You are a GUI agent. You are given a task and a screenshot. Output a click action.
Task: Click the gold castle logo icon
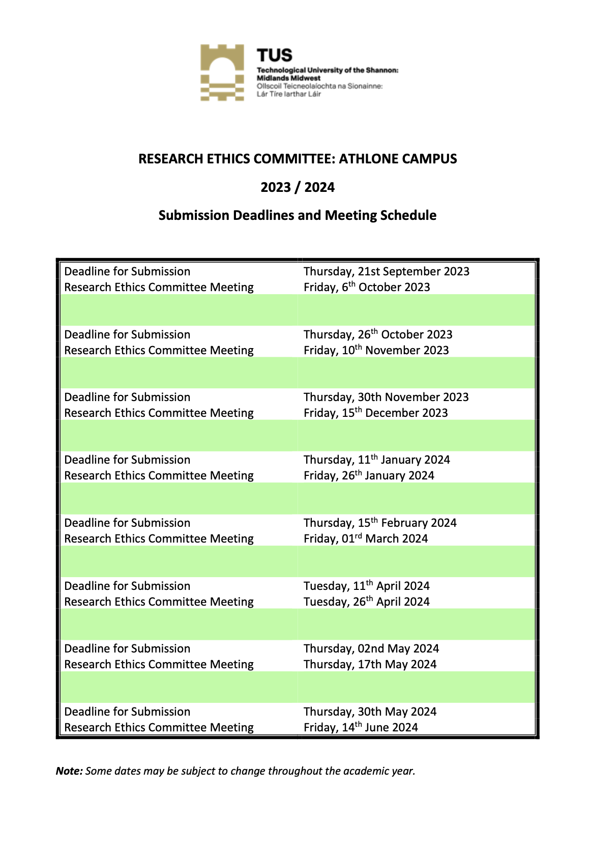pyautogui.click(x=222, y=72)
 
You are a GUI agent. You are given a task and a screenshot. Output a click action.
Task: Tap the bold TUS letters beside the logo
pyautogui.click(x=275, y=55)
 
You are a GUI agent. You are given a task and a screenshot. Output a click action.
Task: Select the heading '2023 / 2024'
pyautogui.click(x=298, y=187)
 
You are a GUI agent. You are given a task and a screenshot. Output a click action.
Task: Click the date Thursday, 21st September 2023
pyautogui.click(x=387, y=271)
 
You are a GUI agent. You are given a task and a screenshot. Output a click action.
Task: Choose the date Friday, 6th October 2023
pyautogui.click(x=367, y=287)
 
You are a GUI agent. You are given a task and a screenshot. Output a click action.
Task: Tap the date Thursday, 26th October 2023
pyautogui.click(x=378, y=334)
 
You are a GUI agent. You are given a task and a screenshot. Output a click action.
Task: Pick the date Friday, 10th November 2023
pyautogui.click(x=376, y=350)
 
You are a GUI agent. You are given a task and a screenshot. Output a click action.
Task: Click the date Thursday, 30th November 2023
pyautogui.click(x=386, y=397)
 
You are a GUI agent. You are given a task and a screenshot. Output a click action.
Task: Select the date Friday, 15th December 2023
pyautogui.click(x=376, y=413)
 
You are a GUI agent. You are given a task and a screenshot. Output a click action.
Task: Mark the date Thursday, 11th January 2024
pyautogui.click(x=377, y=460)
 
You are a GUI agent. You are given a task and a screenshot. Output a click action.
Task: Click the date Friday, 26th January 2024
pyautogui.click(x=369, y=475)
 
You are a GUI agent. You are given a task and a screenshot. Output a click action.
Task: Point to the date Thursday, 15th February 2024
pyautogui.click(x=380, y=523)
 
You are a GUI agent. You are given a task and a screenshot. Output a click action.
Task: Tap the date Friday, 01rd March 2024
pyautogui.click(x=366, y=538)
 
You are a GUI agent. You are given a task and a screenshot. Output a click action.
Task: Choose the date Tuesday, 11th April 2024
pyautogui.click(x=367, y=586)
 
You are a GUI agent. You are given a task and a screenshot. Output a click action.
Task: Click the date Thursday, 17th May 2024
pyautogui.click(x=370, y=664)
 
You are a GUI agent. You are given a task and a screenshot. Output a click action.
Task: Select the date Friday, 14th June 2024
pyautogui.click(x=361, y=727)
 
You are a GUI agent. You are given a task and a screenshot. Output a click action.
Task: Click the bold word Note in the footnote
pyautogui.click(x=69, y=771)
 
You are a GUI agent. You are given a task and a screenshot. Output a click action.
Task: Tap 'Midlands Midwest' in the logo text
pyautogui.click(x=288, y=78)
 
